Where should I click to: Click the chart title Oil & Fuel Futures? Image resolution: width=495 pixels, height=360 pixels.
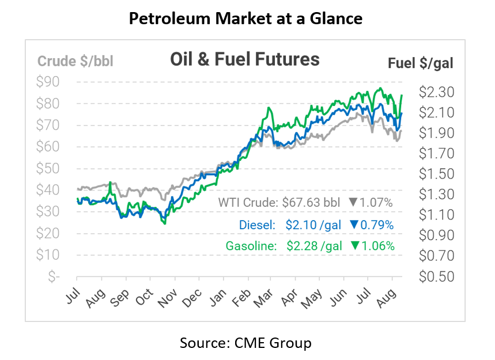(244, 59)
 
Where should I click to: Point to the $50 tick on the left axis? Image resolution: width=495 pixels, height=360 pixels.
(48, 168)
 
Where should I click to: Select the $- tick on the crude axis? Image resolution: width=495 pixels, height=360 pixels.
(54, 276)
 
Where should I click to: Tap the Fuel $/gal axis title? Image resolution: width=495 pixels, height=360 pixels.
(420, 63)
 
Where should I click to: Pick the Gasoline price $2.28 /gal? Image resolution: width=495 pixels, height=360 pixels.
(314, 246)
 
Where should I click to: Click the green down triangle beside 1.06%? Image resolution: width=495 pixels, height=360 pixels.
(355, 246)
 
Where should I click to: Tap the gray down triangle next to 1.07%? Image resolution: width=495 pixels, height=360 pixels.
(353, 203)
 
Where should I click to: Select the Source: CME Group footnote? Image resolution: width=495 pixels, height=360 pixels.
(245, 343)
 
